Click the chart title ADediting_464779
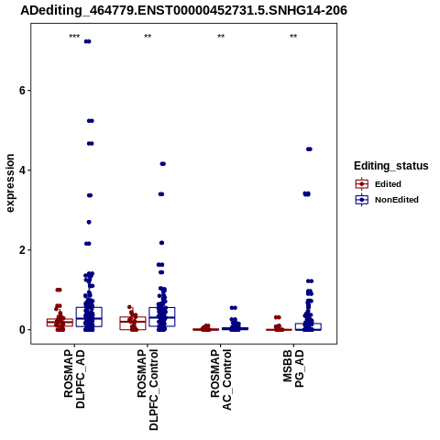pyautogui.click(x=183, y=10)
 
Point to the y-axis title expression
pyautogui.click(x=10, y=183)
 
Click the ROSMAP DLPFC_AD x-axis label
pyautogui.click(x=74, y=379)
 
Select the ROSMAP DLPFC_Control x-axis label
pyautogui.click(x=148, y=390)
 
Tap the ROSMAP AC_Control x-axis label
pyautogui.click(x=221, y=379)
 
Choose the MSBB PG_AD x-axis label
pyautogui.click(x=293, y=368)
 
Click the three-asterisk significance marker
pyautogui.click(x=74, y=37)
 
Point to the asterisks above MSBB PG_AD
pyautogui.click(x=293, y=37)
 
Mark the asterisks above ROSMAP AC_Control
pyautogui.click(x=221, y=37)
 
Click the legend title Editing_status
pyautogui.click(x=391, y=166)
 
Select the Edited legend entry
pyautogui.click(x=379, y=184)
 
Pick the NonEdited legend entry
pyautogui.click(x=387, y=200)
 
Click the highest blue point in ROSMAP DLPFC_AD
pyautogui.click(x=88, y=41)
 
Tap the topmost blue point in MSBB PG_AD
pyautogui.click(x=309, y=149)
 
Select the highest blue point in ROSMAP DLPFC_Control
pyautogui.click(x=163, y=164)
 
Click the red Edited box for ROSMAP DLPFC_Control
pyautogui.click(x=133, y=324)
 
